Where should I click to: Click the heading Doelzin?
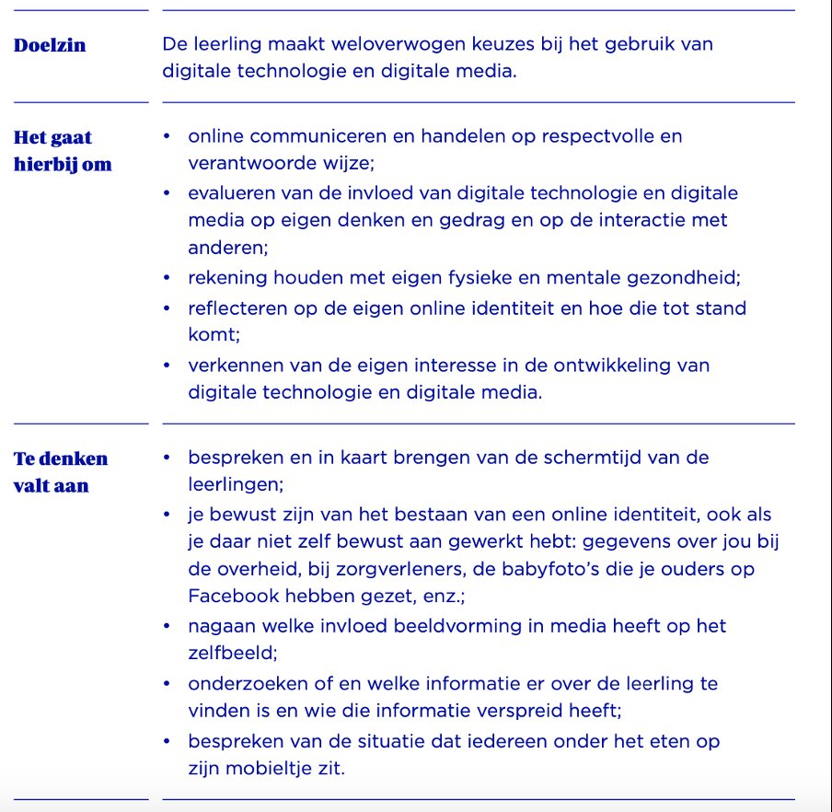tap(50, 45)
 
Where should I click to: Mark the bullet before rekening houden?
tap(167, 277)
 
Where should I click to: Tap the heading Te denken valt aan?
tap(61, 471)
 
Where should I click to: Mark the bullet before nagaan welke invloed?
tap(167, 626)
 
